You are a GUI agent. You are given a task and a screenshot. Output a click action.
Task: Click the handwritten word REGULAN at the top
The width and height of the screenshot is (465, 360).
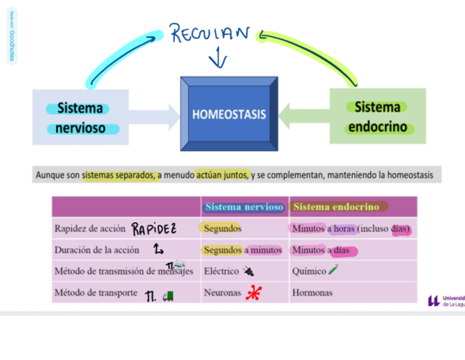pyautogui.click(x=210, y=34)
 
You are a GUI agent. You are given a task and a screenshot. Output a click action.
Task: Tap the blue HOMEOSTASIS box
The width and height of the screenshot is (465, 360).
pyautogui.click(x=229, y=114)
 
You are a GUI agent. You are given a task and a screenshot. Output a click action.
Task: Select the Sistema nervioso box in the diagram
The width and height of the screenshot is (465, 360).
pyautogui.click(x=81, y=117)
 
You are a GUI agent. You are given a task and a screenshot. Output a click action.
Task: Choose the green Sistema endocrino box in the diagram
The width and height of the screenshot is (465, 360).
pyautogui.click(x=378, y=116)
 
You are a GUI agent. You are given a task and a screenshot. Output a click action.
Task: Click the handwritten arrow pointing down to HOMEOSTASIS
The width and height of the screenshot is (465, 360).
pyautogui.click(x=218, y=58)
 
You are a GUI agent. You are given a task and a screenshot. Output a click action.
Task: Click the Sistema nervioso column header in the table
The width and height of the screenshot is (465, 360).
pyautogui.click(x=244, y=207)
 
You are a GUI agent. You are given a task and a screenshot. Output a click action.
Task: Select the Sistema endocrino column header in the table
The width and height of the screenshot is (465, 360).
pyautogui.click(x=336, y=207)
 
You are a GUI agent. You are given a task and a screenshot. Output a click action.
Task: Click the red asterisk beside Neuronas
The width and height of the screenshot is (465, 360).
pyautogui.click(x=253, y=294)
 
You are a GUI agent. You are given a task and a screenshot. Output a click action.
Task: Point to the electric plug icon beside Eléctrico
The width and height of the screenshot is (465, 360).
pyautogui.click(x=248, y=271)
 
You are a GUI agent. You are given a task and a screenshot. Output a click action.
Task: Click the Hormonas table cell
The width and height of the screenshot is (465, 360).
pyautogui.click(x=312, y=293)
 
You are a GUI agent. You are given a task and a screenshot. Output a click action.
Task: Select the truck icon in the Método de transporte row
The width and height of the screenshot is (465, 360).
pyautogui.click(x=168, y=296)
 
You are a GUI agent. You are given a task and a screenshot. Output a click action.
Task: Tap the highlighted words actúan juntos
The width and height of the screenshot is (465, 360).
pyautogui.click(x=223, y=175)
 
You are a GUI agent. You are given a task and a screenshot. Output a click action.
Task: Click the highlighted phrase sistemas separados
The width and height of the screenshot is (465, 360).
pyautogui.click(x=117, y=175)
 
